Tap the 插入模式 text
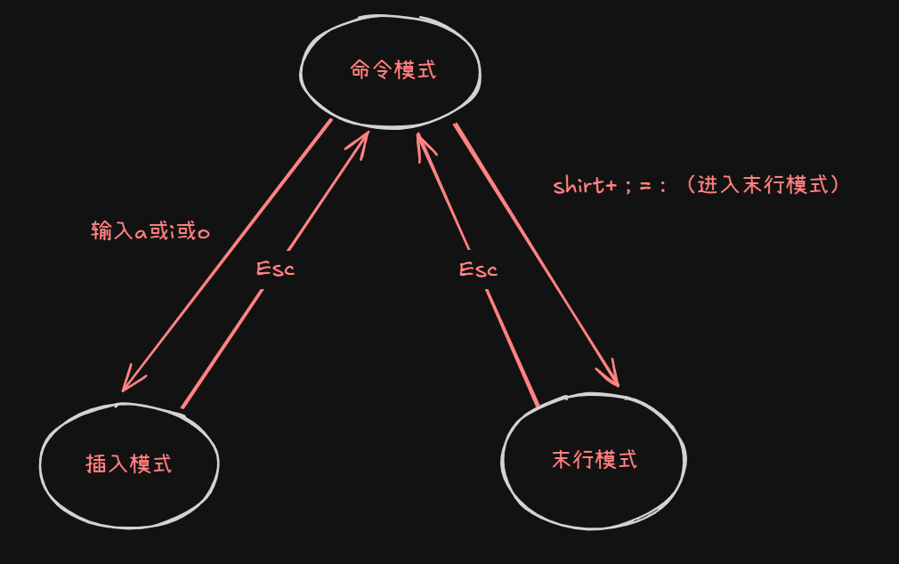(x=128, y=463)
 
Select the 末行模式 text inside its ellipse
(x=595, y=460)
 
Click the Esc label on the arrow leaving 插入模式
(x=275, y=269)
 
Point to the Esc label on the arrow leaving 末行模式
(x=478, y=270)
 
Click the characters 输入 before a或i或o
(x=111, y=231)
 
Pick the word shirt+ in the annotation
(x=585, y=186)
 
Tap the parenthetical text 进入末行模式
(x=768, y=185)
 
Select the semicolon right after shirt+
(x=628, y=188)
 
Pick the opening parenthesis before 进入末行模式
(x=687, y=185)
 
